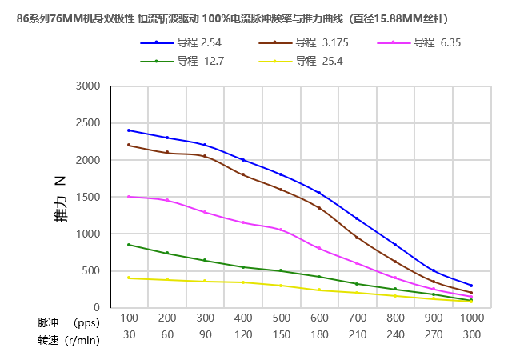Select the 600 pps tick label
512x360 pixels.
point(319,318)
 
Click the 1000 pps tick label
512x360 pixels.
point(471,318)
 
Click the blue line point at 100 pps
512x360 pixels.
point(129,130)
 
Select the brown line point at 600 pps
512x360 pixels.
point(319,208)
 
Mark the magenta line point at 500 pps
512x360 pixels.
point(281,230)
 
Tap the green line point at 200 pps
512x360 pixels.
point(167,253)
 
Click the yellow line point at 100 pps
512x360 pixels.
point(129,278)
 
